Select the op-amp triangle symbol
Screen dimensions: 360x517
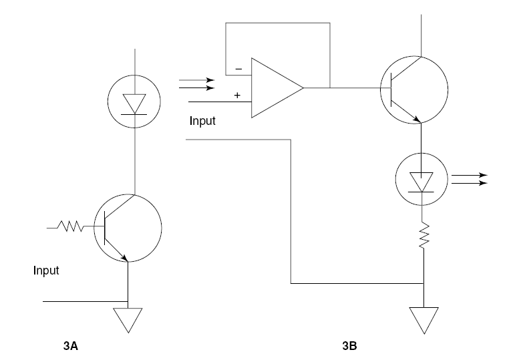coord(275,87)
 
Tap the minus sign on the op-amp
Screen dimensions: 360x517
coord(238,69)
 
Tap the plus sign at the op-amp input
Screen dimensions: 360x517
coord(236,96)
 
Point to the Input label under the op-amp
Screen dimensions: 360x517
coord(203,121)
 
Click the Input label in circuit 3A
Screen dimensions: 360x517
coord(46,271)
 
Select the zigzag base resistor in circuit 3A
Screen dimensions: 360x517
coord(71,228)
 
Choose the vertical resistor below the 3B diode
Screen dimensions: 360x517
coord(423,236)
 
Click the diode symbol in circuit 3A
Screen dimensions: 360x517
coord(135,102)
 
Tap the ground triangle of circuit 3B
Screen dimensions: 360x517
coord(423,319)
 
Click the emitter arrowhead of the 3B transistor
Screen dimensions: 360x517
coord(418,119)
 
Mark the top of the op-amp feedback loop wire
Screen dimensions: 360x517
coord(278,23)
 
